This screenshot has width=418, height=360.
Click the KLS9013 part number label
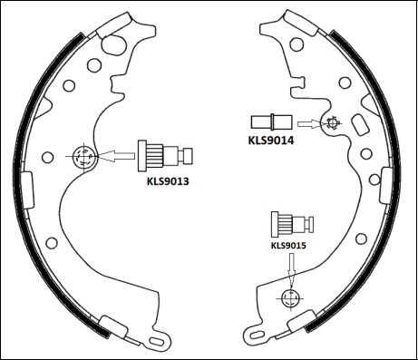click(x=173, y=180)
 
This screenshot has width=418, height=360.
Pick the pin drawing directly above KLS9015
click(x=291, y=223)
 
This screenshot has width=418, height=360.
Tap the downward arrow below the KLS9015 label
click(x=290, y=268)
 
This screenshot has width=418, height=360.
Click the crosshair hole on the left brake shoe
click(x=83, y=157)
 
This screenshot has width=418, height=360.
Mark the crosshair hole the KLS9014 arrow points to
click(x=333, y=122)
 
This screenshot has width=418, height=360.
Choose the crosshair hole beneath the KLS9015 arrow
click(x=290, y=297)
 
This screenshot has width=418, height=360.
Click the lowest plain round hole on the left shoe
click(x=51, y=242)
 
